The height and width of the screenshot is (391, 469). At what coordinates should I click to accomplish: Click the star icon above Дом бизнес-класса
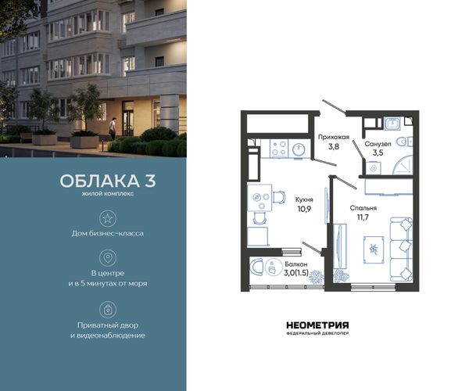(107, 218)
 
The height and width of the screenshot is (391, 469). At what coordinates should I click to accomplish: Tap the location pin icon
(107, 258)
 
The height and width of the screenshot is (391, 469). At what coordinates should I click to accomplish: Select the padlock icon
(107, 310)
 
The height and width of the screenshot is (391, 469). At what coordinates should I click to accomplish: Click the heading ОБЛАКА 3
(108, 181)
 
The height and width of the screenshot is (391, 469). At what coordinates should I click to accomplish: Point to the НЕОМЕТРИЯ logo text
(317, 325)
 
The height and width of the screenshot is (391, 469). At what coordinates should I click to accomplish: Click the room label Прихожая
(334, 138)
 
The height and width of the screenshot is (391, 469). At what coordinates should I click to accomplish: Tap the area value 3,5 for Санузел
(378, 152)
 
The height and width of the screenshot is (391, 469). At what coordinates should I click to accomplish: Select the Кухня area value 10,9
(304, 209)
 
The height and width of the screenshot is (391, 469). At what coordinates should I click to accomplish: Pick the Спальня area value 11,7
(363, 217)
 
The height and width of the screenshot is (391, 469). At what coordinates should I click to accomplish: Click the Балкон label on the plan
(295, 264)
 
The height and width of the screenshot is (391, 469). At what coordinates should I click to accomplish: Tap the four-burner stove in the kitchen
(279, 148)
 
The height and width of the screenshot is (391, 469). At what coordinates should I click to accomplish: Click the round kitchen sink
(298, 149)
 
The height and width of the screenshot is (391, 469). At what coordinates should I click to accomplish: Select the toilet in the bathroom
(405, 142)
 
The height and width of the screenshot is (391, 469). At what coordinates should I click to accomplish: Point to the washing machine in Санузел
(374, 167)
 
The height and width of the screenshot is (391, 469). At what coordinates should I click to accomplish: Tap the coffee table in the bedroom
(374, 249)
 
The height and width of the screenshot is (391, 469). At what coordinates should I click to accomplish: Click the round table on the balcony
(271, 267)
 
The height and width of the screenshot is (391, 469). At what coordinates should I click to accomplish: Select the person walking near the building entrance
(112, 128)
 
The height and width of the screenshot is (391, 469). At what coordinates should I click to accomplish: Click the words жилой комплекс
(108, 194)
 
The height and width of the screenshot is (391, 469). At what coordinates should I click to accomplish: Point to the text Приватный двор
(108, 325)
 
